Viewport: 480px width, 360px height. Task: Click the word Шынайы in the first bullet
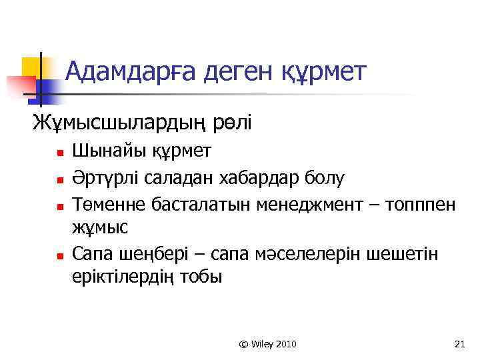[x=104, y=151]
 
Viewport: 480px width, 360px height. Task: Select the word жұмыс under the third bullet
[x=99, y=227]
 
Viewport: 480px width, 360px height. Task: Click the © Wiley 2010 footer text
[x=267, y=344]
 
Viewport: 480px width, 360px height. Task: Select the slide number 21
[x=459, y=344]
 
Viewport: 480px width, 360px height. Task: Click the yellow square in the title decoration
[x=31, y=67]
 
